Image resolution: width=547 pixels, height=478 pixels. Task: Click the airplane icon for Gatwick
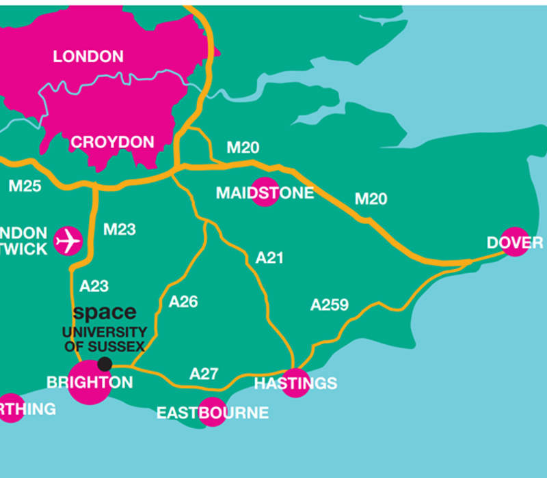point(68,241)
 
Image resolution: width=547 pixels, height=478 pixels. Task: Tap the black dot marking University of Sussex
point(105,364)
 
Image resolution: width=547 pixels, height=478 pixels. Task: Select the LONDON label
point(88,57)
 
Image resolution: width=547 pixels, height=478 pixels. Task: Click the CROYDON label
point(113,143)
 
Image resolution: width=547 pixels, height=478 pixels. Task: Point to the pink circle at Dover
point(516,241)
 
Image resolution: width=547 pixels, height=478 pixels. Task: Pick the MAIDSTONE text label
point(265,193)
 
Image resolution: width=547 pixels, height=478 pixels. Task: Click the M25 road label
point(25,186)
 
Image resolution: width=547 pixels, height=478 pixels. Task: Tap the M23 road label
point(119,229)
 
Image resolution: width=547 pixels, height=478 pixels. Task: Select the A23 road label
point(94,286)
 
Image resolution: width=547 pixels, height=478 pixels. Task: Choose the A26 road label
point(183,301)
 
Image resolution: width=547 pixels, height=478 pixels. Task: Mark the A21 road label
point(269,258)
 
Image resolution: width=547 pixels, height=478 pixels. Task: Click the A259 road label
point(330,305)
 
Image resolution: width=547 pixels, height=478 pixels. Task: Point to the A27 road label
point(204,374)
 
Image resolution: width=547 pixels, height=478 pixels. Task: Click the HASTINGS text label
point(295,384)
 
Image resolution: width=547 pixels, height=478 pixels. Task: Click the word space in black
point(104,313)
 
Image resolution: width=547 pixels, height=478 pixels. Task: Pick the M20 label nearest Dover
point(371,199)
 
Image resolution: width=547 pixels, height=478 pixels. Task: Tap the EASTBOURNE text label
point(212,413)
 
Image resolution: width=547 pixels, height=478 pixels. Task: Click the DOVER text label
point(515,243)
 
